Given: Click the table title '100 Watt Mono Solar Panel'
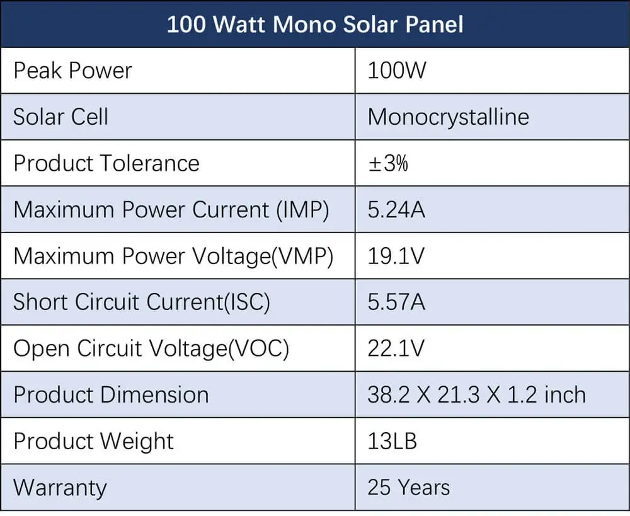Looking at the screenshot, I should (315, 24).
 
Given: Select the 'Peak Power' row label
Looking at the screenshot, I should (72, 70).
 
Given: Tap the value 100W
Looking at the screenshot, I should (397, 70).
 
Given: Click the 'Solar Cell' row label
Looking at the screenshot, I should (61, 117).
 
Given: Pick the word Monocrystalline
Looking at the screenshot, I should (448, 117).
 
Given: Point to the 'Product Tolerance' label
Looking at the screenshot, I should (106, 163).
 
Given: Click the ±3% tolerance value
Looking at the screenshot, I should (388, 163).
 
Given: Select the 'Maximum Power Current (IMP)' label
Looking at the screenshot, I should (171, 209).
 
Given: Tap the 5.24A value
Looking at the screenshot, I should (396, 209).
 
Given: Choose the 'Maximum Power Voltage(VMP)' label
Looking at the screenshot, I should (173, 256).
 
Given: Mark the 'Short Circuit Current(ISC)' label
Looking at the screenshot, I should (142, 302).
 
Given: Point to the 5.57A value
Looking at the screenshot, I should (396, 302).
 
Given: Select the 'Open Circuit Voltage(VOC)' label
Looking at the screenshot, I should (151, 348).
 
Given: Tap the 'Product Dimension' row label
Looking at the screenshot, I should (111, 394).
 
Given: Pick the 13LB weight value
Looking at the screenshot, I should (392, 441).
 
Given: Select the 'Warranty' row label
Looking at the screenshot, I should (60, 488).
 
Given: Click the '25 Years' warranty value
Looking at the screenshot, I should (409, 488).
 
